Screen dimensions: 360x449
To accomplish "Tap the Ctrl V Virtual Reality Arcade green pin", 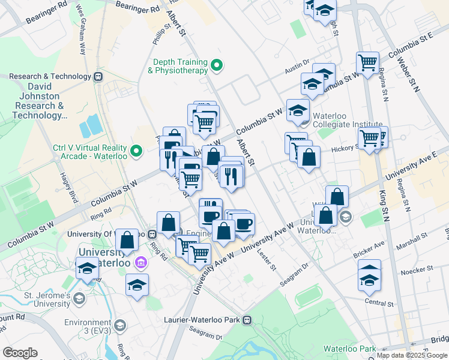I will coord(137,151).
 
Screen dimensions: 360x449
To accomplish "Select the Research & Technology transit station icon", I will coord(97,76).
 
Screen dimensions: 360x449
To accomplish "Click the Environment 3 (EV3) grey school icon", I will coord(119,326).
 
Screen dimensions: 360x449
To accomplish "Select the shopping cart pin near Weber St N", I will coord(367,61).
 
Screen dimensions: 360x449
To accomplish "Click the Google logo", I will coord(20,353).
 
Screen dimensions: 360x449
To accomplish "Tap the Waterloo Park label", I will coord(349,349).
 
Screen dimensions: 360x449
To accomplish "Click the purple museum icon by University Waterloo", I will coord(141,262).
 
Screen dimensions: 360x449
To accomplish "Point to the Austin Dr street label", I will coord(297,70).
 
